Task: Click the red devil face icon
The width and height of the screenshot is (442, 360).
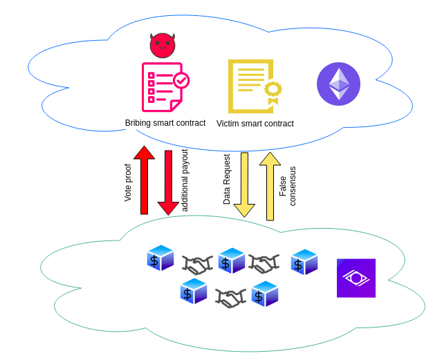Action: coord(163,45)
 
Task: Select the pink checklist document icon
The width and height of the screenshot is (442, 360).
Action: coord(163,88)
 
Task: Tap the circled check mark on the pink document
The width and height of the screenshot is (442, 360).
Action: coord(181,80)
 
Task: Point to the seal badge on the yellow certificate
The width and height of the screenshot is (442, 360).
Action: coord(273,91)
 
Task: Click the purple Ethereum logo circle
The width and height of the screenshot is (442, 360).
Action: coord(338,84)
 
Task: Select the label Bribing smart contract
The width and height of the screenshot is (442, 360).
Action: coord(165,123)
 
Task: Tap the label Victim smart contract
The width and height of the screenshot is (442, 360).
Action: coord(255,124)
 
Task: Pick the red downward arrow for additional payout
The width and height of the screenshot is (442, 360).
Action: coord(168,182)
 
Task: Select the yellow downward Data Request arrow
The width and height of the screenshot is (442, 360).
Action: coord(244,184)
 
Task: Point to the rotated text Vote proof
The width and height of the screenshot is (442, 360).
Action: coord(128,182)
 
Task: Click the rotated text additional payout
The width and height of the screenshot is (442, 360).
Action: coord(185,180)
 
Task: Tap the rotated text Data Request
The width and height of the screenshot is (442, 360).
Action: coord(227,179)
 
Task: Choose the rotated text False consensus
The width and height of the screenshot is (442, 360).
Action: coord(287,186)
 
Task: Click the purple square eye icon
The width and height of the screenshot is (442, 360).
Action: coord(356,278)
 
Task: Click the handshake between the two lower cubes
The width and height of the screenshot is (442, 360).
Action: coord(230,298)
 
